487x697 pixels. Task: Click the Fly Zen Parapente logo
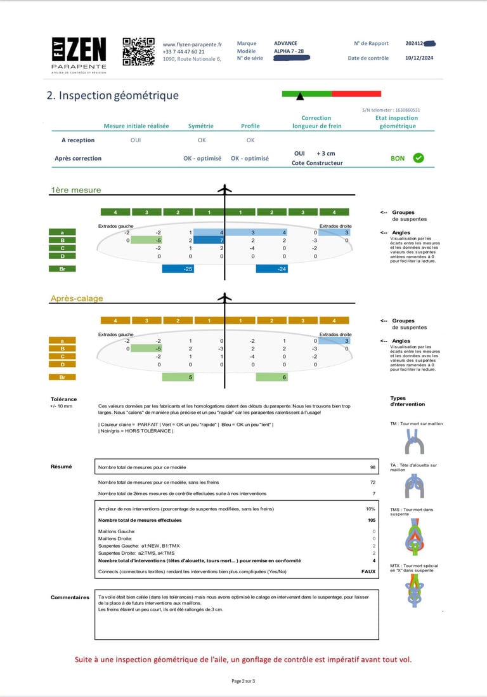(79, 55)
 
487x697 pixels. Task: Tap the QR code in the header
(138, 52)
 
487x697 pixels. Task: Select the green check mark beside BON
(419, 158)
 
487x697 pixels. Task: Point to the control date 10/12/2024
(420, 58)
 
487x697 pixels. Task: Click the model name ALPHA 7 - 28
(289, 51)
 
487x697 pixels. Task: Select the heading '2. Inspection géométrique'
(113, 96)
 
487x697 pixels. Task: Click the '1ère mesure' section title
(75, 190)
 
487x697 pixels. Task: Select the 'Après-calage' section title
(76, 298)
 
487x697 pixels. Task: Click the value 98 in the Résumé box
(373, 467)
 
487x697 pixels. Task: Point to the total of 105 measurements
(372, 520)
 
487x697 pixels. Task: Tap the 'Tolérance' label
(63, 399)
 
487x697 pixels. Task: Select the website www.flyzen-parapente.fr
(192, 44)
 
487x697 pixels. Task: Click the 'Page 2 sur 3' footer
(243, 680)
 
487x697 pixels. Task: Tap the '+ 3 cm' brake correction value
(326, 154)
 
